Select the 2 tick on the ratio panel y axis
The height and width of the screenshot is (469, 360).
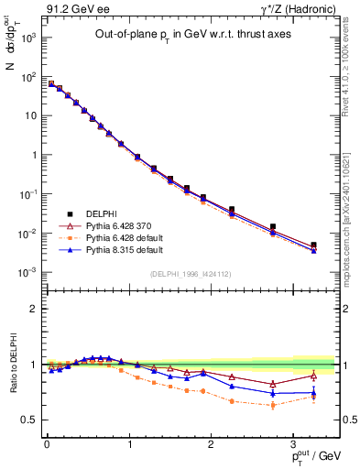35,309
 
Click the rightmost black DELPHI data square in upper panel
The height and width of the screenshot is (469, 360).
313,245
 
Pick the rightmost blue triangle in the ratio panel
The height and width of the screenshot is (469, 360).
313,393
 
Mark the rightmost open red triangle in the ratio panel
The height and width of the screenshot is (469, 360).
313,376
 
